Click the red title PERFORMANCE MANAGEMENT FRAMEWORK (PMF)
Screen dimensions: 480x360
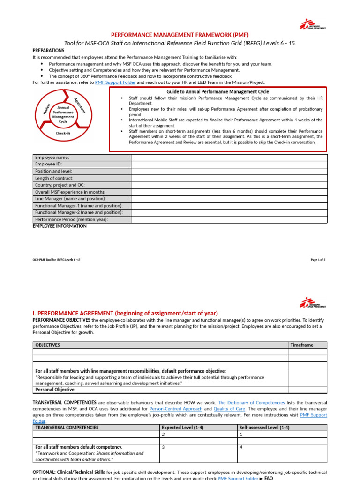(x=180, y=35)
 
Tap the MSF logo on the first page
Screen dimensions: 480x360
(x=313, y=24)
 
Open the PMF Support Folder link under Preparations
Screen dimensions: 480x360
(x=115, y=82)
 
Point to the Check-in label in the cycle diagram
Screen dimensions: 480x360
(x=63, y=133)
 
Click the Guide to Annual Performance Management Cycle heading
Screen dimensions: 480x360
(x=217, y=92)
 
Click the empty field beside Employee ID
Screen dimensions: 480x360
(x=229, y=165)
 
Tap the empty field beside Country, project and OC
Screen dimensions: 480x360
(x=229, y=185)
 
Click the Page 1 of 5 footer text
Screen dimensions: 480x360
(x=318, y=260)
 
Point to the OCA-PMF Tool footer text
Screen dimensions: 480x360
(x=53, y=260)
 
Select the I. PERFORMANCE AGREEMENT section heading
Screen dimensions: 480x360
(x=125, y=313)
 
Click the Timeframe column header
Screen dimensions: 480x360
(x=302, y=345)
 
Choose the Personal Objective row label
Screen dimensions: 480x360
(x=55, y=390)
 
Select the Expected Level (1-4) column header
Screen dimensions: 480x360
(x=180, y=427)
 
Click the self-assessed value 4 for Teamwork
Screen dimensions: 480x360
(x=241, y=447)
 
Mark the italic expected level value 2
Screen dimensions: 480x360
(x=163, y=435)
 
